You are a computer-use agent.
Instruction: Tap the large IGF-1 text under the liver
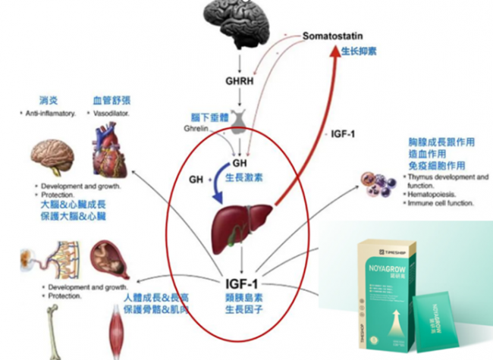[241, 285]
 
